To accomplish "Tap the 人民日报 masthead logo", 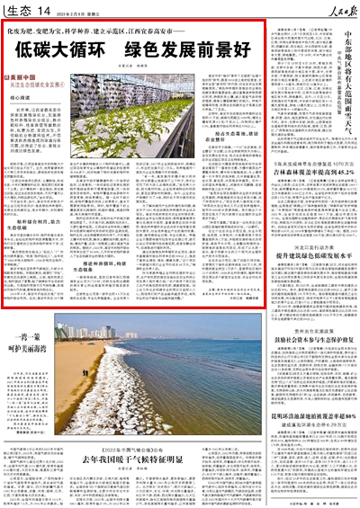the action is click(336, 9).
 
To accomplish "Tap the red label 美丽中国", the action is click(22, 78).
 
